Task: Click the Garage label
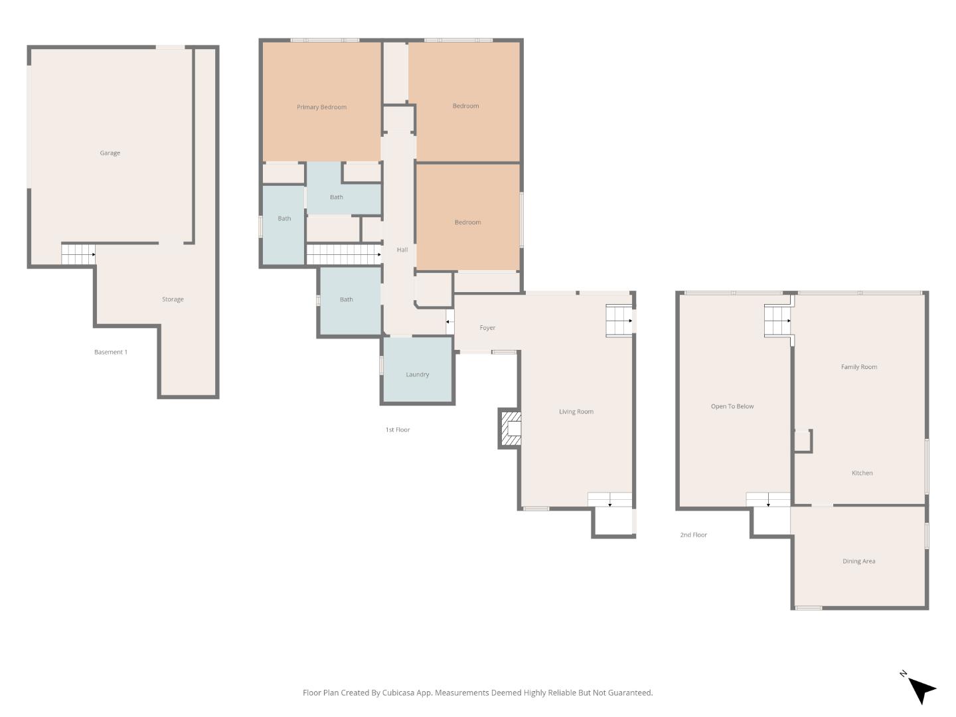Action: tap(110, 153)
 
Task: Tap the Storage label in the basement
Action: tap(173, 299)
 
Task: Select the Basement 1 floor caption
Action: tap(111, 353)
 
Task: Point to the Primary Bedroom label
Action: tap(321, 108)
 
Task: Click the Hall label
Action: tap(402, 250)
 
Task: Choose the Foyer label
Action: tap(487, 328)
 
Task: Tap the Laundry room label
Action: tap(418, 375)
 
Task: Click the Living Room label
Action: tap(576, 412)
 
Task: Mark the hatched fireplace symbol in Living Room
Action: tap(511, 428)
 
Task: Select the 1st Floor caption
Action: tap(398, 430)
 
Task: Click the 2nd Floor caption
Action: tap(693, 535)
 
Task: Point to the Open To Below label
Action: tap(732, 407)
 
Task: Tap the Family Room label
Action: tap(859, 367)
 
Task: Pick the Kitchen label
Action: tap(862, 473)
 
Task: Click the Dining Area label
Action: tap(859, 562)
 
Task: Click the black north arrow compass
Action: tap(921, 689)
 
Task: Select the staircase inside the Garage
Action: tap(78, 254)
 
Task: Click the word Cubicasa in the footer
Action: tap(398, 693)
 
